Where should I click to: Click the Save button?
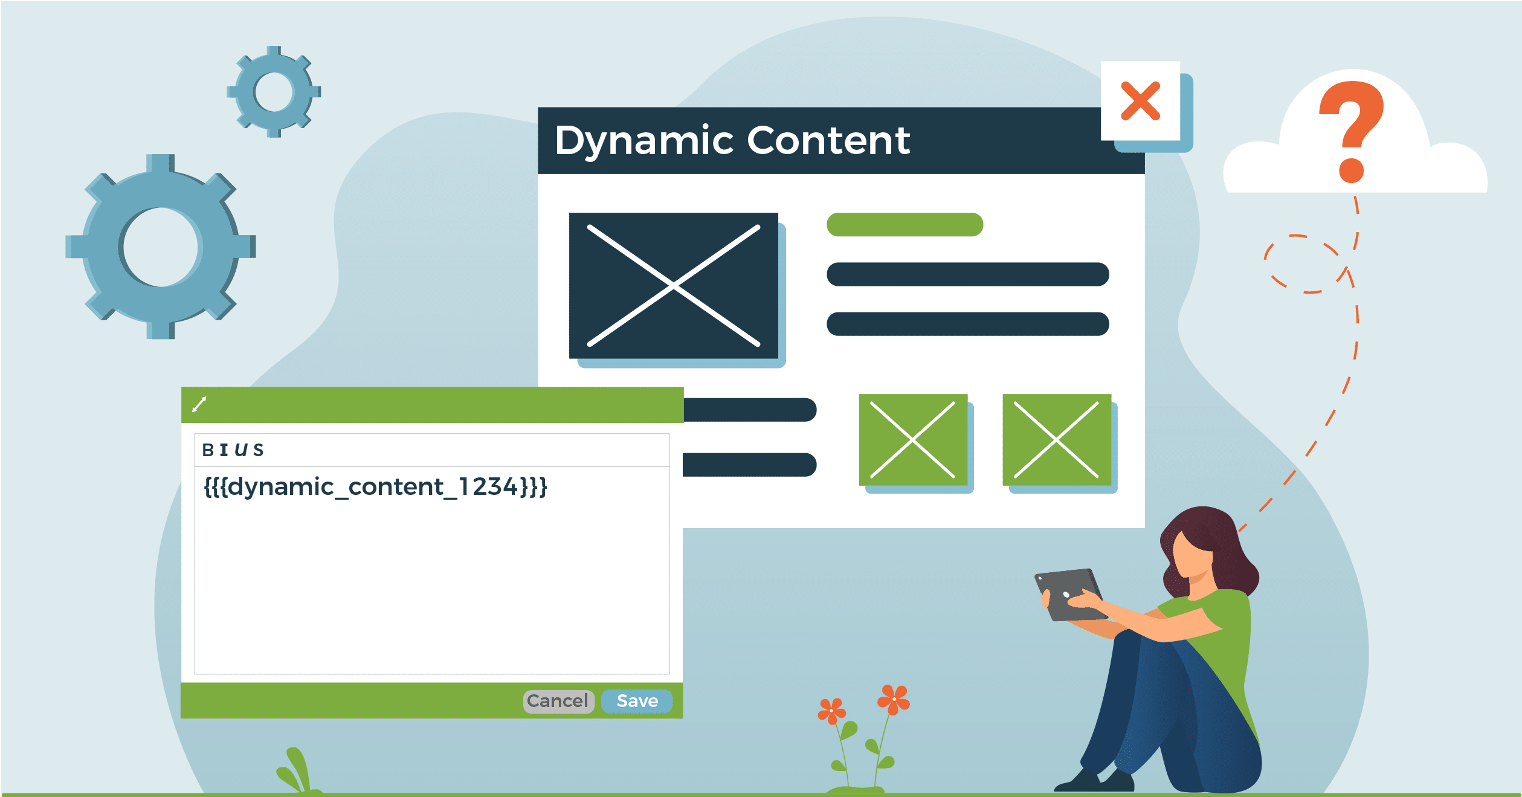pos(637,701)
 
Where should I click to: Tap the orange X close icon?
pos(1140,101)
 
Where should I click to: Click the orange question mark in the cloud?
pos(1352,130)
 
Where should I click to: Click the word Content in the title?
pos(828,141)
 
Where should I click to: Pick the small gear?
pos(274,92)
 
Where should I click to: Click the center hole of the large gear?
pos(161,247)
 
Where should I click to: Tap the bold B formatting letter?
pos(208,450)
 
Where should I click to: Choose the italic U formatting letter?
pos(241,450)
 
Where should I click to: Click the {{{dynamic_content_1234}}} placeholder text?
pos(375,487)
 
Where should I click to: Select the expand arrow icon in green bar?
pos(199,404)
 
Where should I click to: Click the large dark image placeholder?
pos(673,285)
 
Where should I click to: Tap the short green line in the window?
pos(904,225)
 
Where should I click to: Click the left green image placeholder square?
pos(912,440)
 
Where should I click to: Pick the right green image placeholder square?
pos(1056,440)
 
